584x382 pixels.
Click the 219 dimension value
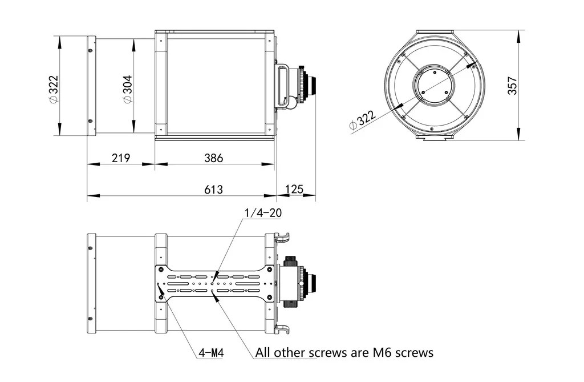(x=120, y=158)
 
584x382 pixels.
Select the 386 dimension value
(x=214, y=158)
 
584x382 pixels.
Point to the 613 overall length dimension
(x=213, y=189)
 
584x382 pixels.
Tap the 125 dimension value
(x=294, y=189)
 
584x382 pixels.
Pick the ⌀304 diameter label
(x=127, y=89)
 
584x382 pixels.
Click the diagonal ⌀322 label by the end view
(x=362, y=120)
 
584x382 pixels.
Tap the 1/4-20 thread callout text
(x=263, y=213)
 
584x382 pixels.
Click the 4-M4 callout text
(x=210, y=353)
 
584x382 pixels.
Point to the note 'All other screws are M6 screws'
(x=344, y=352)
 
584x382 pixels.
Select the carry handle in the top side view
(x=282, y=86)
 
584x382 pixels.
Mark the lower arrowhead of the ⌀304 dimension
(x=133, y=130)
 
